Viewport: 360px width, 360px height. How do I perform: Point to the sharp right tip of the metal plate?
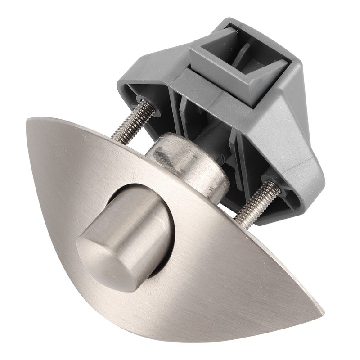(322, 311)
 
